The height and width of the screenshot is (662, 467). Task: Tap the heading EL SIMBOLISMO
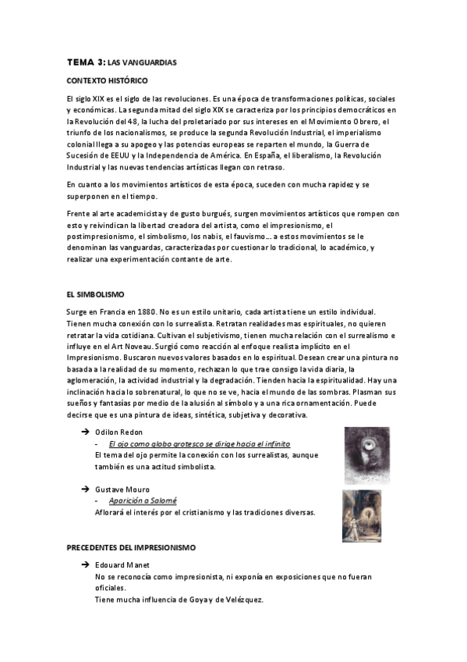(96, 294)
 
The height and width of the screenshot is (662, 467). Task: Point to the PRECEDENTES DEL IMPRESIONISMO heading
(131, 548)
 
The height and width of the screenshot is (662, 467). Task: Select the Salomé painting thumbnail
(361, 515)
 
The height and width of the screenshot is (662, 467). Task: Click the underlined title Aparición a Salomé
(143, 500)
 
